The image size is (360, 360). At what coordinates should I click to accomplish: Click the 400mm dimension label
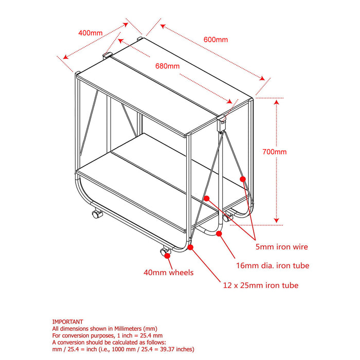91,33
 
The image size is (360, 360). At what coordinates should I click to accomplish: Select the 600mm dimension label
215,40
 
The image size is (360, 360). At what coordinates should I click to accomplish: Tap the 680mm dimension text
167,66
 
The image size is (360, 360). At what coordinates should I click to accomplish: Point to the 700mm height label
274,152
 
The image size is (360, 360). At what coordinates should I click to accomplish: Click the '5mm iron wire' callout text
282,247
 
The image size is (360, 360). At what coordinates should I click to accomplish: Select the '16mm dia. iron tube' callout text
273,266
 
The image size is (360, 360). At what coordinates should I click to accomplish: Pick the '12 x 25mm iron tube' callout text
261,285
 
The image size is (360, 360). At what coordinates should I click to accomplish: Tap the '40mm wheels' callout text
168,273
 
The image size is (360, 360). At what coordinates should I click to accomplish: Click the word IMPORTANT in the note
67,321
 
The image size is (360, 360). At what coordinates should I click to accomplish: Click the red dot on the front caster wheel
167,256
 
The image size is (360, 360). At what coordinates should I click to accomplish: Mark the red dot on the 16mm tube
219,233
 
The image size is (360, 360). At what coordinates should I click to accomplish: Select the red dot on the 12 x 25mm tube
190,247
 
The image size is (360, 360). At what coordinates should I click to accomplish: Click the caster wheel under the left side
97,214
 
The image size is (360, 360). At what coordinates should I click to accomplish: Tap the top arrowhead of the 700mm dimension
277,102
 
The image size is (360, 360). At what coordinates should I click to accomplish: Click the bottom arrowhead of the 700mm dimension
277,221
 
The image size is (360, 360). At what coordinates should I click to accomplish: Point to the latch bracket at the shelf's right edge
222,124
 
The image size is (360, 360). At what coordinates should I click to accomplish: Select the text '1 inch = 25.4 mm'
140,335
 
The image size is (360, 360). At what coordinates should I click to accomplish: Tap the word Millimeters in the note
128,329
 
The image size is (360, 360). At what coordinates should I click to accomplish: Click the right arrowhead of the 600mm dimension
262,78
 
